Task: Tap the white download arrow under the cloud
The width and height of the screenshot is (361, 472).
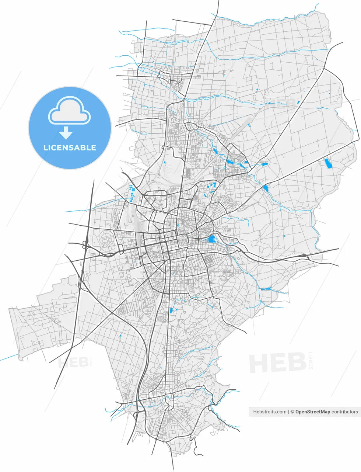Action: [x=66, y=132]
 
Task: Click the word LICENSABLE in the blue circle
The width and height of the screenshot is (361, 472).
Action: [x=70, y=148]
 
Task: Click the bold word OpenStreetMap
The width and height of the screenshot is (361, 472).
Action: [x=312, y=412]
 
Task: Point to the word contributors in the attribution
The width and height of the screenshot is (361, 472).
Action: [x=344, y=412]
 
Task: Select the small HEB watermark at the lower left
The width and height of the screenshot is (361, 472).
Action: [x=73, y=362]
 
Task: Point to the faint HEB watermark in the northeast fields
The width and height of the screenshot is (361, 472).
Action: [x=282, y=102]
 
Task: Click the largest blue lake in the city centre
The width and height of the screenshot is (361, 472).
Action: [x=212, y=239]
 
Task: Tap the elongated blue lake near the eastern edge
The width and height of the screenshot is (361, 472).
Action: [x=327, y=163]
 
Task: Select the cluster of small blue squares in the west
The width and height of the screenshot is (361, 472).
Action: [x=132, y=192]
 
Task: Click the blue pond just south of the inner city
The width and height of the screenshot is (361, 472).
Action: [x=171, y=310]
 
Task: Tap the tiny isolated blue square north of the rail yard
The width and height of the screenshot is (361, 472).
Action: [x=165, y=163]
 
